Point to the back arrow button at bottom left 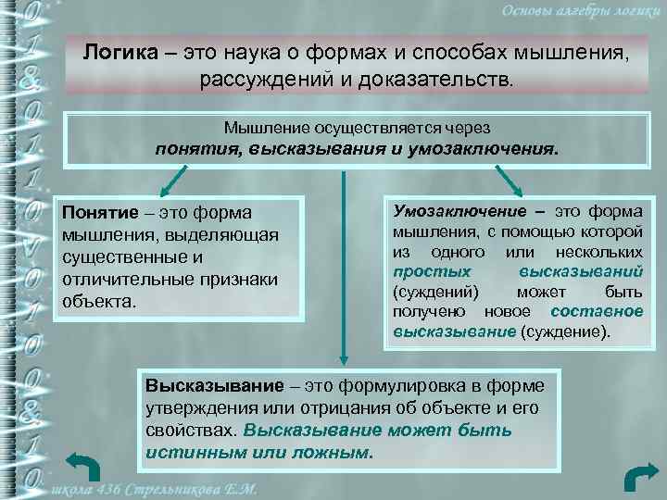tap(84, 469)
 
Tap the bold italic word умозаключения tap(492, 149)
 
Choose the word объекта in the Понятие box tap(98, 301)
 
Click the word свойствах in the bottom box tap(190, 431)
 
